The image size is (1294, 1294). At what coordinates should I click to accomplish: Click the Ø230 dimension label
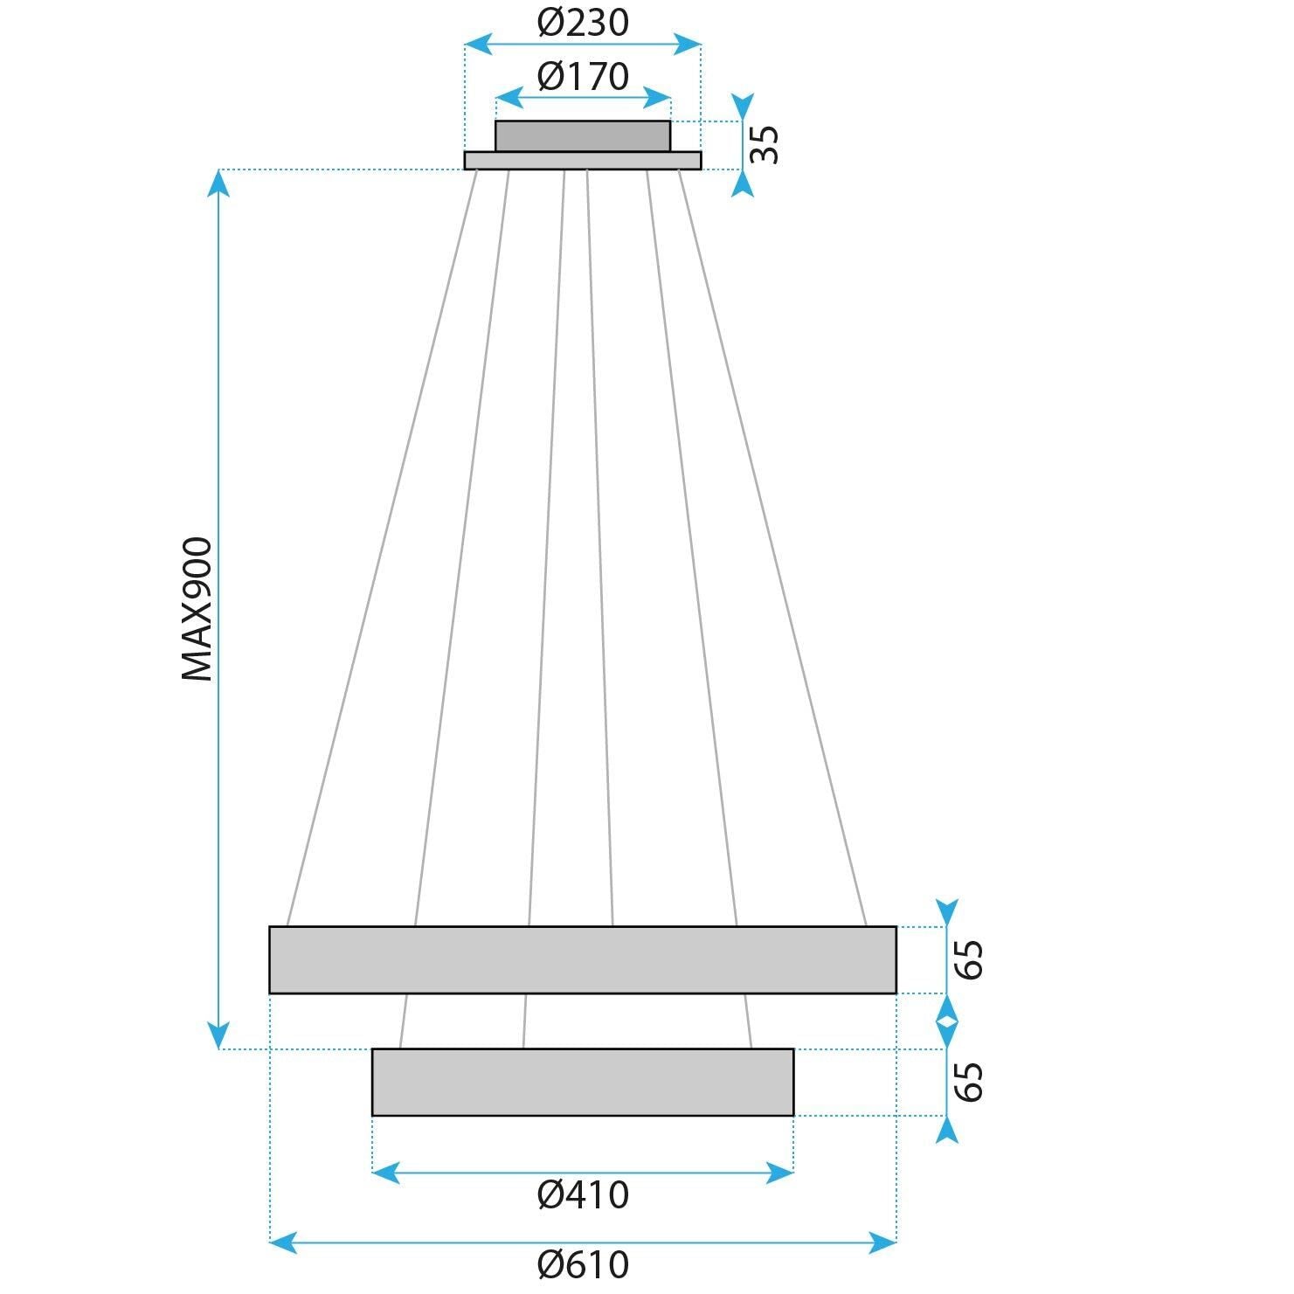(583, 23)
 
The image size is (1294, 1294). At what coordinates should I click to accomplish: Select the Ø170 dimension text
(583, 77)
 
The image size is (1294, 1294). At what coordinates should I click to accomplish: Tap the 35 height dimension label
(765, 144)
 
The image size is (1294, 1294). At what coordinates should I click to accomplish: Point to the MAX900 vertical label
(197, 609)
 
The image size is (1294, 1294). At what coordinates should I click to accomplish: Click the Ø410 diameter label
(583, 1194)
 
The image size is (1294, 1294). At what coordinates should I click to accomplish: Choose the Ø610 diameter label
(583, 1264)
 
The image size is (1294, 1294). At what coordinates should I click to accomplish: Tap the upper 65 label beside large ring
(969, 959)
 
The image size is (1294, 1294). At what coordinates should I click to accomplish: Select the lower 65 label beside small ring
(969, 1082)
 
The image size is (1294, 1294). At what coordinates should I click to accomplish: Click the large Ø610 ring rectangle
(583, 959)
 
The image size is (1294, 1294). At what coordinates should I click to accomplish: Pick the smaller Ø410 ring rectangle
(583, 1082)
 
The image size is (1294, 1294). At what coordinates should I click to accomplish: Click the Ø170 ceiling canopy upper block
(583, 136)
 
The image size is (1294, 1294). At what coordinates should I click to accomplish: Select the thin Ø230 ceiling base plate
(583, 160)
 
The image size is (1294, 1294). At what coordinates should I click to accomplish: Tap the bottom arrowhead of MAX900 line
(219, 1035)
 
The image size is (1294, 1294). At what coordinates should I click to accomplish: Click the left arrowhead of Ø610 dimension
(282, 1241)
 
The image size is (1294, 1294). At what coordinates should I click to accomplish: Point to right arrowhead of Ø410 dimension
(780, 1173)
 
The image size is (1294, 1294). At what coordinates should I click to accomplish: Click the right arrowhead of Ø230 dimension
(689, 44)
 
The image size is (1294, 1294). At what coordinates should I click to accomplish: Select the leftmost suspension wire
(382, 546)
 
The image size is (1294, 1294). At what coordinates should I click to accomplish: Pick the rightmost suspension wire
(772, 546)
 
